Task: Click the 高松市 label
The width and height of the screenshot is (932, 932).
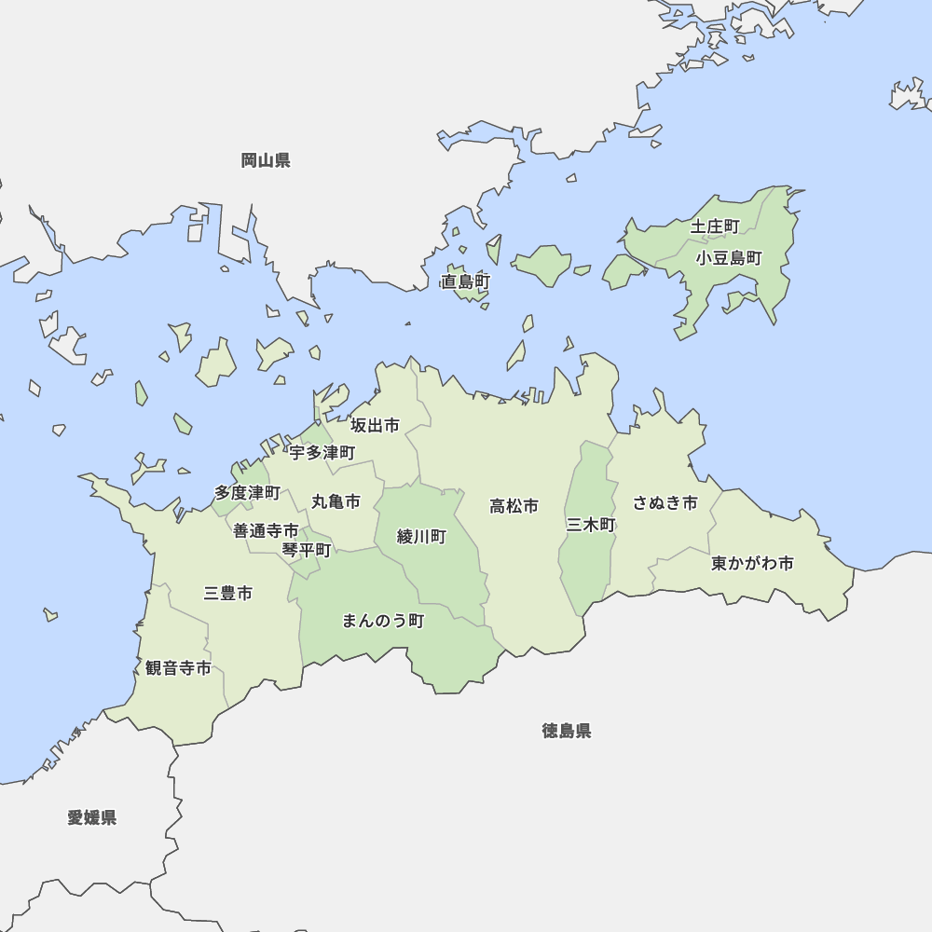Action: (514, 506)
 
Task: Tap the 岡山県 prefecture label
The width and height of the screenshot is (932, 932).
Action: (266, 160)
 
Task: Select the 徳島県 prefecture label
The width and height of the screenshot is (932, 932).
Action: (567, 731)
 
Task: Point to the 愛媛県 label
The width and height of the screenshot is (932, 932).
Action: (92, 817)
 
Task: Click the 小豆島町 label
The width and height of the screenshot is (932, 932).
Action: (729, 258)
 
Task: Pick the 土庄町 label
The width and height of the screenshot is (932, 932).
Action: (715, 226)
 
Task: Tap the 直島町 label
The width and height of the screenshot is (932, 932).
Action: (466, 281)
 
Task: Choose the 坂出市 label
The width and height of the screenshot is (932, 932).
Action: (375, 426)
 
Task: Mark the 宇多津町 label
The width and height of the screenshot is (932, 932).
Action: (322, 453)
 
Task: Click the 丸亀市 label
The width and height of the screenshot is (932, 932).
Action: (336, 501)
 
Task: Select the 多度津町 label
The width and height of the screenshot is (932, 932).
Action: (247, 492)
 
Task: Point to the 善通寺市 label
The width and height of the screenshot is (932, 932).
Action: (266, 530)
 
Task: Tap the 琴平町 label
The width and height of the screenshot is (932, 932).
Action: (307, 550)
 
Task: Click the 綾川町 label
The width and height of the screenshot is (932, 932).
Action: (421, 537)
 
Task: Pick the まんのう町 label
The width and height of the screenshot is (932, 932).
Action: (383, 621)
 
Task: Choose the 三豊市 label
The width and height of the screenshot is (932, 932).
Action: (228, 593)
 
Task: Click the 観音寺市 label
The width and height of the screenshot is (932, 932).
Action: (178, 668)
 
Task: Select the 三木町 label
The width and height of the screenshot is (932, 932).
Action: (591, 525)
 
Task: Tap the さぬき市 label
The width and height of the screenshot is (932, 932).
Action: (665, 503)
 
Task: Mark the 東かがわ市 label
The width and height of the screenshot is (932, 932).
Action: (752, 564)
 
